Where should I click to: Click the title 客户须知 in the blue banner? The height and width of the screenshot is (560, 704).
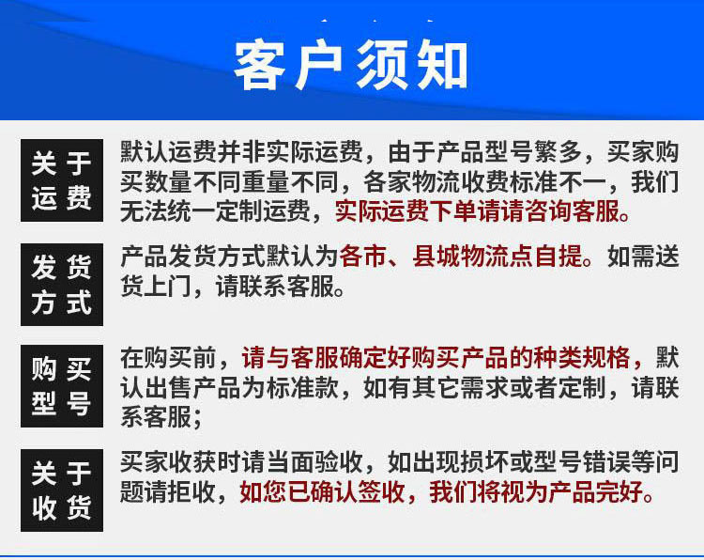coord(351,65)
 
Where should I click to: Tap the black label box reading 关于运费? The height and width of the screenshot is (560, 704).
coord(62,180)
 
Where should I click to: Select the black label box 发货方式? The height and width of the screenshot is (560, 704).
coord(62,285)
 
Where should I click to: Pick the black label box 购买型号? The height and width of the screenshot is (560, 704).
coord(62,386)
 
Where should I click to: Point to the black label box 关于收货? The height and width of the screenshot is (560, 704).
coord(62,490)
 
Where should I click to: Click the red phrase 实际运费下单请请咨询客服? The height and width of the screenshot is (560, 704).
coord(478,211)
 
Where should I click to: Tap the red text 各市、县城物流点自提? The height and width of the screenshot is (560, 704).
coord(461,257)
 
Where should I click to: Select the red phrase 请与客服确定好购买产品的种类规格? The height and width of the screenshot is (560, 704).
coord(436,358)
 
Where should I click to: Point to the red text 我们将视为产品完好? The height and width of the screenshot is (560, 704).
coord(537,492)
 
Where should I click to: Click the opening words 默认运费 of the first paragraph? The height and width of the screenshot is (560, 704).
coord(168,152)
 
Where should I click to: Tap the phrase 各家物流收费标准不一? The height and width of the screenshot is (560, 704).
coord(484,181)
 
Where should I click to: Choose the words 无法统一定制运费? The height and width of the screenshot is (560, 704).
coord(216,211)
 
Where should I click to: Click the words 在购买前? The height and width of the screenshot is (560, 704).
coord(169,358)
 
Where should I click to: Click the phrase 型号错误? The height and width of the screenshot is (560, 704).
coord(581,462)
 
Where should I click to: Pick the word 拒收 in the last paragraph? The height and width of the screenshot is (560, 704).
coord(193,492)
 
